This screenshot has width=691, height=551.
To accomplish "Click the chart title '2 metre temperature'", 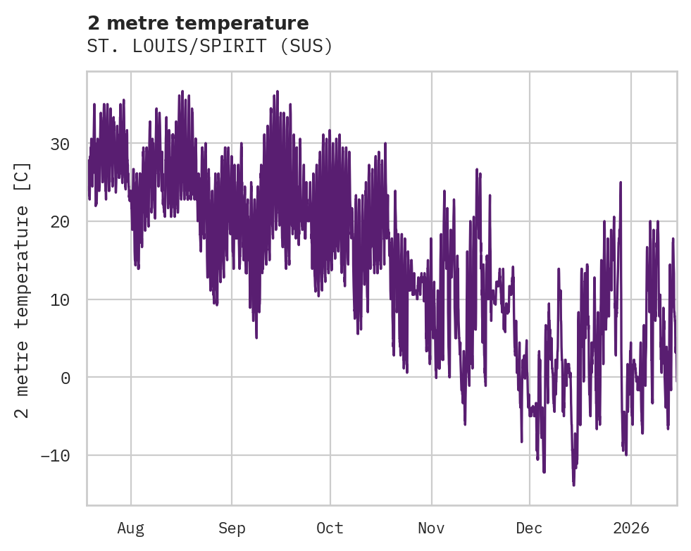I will point(198,23).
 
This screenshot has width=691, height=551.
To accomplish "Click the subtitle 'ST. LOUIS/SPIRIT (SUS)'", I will point(210,47).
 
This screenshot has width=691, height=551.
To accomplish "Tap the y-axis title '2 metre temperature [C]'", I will point(23,290).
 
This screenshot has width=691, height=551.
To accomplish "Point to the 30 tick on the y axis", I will point(60,144).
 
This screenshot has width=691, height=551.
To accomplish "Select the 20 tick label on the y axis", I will point(60,222).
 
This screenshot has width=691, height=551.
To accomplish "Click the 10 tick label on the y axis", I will point(60,299).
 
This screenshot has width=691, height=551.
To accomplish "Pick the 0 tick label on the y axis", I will point(65,378).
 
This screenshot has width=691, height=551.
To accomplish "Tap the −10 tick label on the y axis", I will point(55,455).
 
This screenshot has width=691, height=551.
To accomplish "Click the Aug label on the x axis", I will point(131,528).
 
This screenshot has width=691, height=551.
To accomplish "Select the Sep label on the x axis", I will point(232,528).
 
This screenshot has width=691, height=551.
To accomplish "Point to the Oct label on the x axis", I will point(330,528).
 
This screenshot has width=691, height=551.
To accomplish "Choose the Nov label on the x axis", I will point(431,528).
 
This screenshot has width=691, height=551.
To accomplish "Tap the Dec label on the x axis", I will point(529,528).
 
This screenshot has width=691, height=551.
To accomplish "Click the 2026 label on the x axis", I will point(630,528).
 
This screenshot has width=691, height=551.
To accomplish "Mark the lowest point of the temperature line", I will point(573,485).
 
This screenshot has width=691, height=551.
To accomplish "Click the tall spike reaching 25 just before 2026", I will point(621,182).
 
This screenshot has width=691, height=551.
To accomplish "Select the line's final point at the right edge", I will point(676,380).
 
